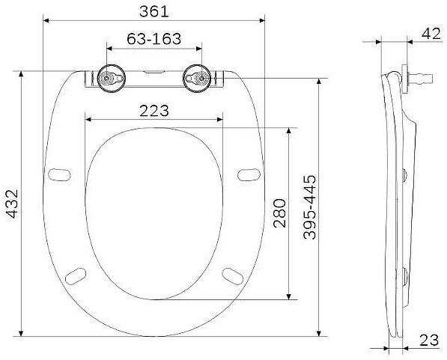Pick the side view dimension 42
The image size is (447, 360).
point(431,32)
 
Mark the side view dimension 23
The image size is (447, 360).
point(429,341)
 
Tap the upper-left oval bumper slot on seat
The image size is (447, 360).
point(58,174)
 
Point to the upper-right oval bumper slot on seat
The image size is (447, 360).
point(246,174)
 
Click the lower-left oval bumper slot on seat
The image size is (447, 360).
point(76,275)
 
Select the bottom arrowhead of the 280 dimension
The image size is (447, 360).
point(290,297)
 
